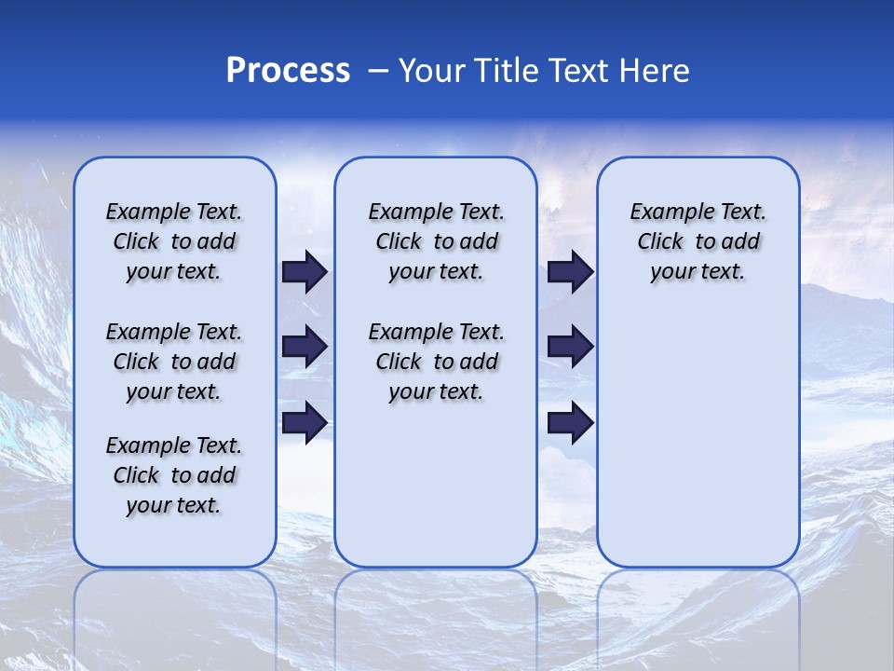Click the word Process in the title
pyautogui.click(x=288, y=71)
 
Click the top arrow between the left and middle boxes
pyautogui.click(x=305, y=272)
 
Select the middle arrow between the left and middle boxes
pyautogui.click(x=305, y=347)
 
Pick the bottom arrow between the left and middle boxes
pyautogui.click(x=305, y=422)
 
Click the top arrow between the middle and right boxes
pyautogui.click(x=571, y=272)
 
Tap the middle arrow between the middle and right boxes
pyautogui.click(x=571, y=347)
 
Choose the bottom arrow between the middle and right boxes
pyautogui.click(x=571, y=423)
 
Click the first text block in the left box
pyautogui.click(x=174, y=241)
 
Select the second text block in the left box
pyautogui.click(x=174, y=362)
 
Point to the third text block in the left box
pyautogui.click(x=174, y=475)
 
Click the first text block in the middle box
pyautogui.click(x=437, y=241)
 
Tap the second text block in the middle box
pyautogui.click(x=437, y=362)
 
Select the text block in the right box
pyautogui.click(x=698, y=241)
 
